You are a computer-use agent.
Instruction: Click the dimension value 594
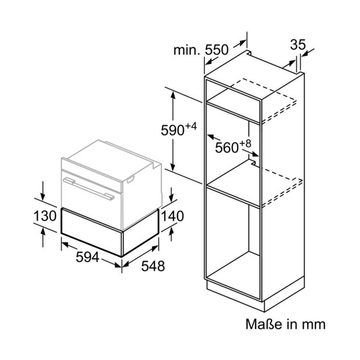[87, 257]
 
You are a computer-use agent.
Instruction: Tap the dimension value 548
[153, 266]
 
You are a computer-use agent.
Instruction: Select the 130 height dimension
[45, 216]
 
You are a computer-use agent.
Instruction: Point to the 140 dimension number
[172, 216]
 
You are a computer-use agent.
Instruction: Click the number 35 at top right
[298, 45]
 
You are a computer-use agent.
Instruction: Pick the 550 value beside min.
[217, 50]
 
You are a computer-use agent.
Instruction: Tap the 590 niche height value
[172, 131]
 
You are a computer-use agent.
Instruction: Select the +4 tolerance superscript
[191, 127]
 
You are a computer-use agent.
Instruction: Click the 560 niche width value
[227, 148]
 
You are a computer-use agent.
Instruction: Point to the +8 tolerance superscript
[245, 143]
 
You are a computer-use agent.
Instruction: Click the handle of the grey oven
[88, 189]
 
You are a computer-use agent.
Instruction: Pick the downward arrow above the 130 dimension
[43, 191]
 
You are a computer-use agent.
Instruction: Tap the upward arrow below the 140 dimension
[171, 235]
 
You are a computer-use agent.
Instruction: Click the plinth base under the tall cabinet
[255, 294]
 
